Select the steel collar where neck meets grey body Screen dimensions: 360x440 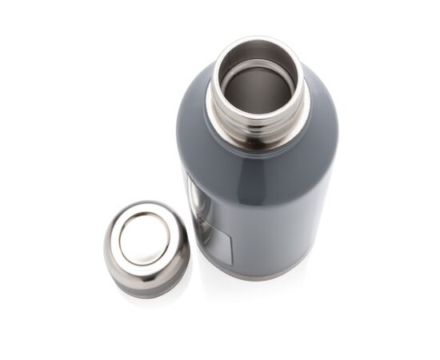[x=258, y=144]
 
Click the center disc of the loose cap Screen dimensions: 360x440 [x=144, y=238]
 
